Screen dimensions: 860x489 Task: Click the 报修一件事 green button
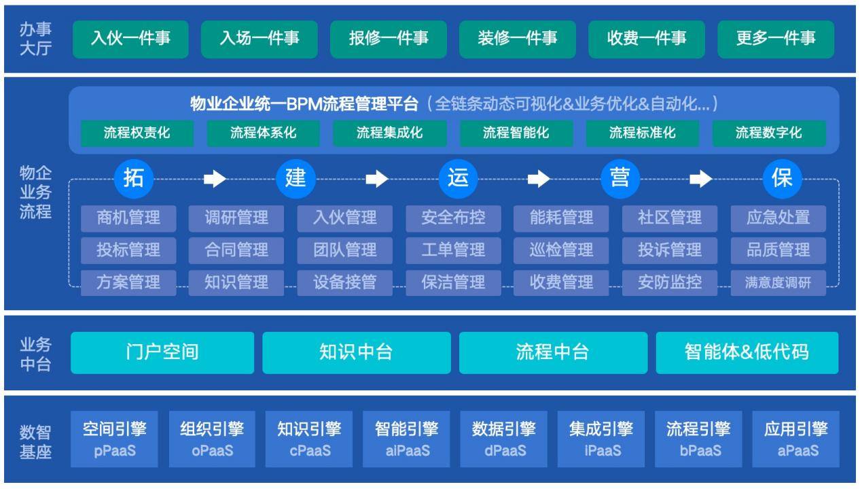coord(388,39)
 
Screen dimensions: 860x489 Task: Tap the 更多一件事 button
coord(776,39)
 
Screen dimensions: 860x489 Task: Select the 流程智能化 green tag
coord(516,133)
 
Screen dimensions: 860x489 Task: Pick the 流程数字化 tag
coord(769,133)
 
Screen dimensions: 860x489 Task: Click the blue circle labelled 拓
coord(134,179)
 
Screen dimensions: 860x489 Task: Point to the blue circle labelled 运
coord(458,179)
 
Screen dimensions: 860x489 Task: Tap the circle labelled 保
coord(782,179)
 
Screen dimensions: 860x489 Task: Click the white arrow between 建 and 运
coord(377,179)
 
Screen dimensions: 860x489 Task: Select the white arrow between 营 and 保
coord(701,179)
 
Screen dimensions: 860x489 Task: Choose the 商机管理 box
coord(128,218)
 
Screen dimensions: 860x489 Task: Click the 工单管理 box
coord(453,250)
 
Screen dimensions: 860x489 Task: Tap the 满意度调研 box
coord(778,283)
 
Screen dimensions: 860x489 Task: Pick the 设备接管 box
coord(345,283)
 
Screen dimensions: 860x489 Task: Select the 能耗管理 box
coord(561,218)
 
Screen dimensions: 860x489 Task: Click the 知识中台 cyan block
coord(357,352)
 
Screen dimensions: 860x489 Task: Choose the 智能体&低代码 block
coord(747,352)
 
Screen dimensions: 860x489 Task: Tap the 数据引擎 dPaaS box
coord(504,439)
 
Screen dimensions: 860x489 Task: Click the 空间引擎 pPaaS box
coord(114,439)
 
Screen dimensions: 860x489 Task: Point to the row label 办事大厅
coord(35,39)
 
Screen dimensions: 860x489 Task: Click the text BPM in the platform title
coord(304,104)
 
